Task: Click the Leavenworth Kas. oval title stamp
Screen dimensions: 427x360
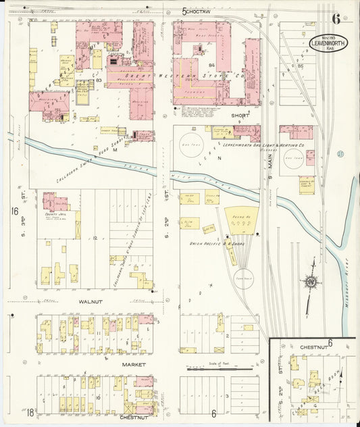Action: coord(328,44)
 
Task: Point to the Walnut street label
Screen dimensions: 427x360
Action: coord(91,302)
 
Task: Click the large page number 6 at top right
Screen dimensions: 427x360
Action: coord(336,18)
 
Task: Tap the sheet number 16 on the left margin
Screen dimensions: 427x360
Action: coord(14,211)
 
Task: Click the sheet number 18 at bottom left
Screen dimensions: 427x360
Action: coord(11,413)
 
